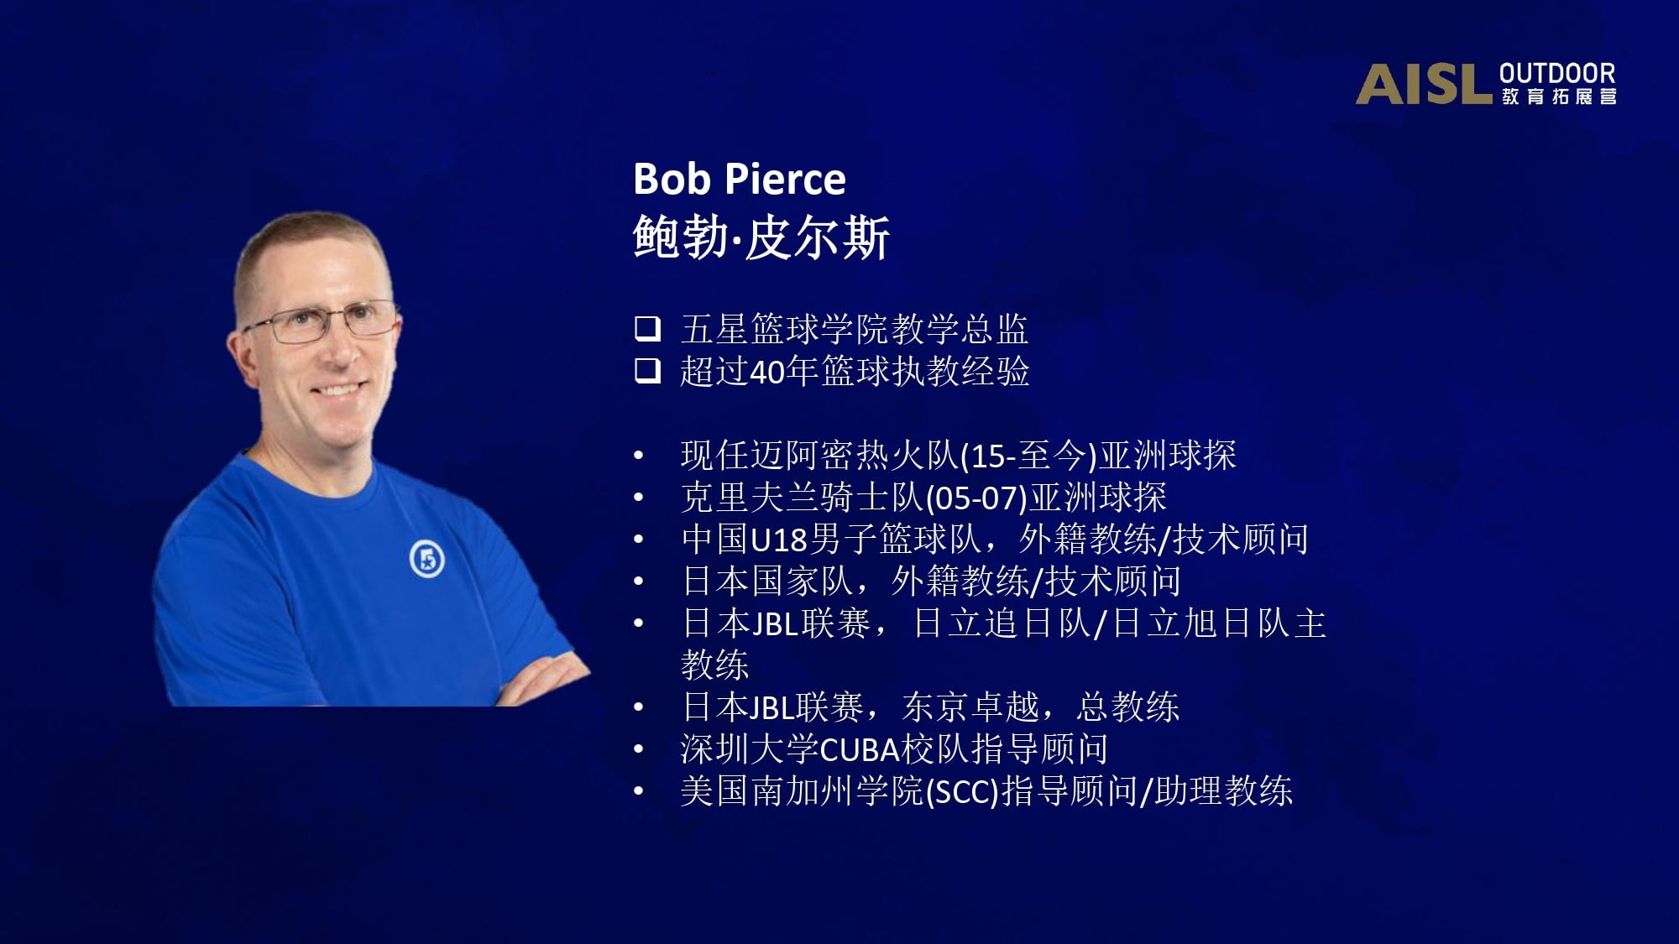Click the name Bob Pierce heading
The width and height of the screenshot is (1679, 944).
[x=739, y=179]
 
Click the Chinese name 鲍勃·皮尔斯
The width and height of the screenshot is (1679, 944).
[x=761, y=237]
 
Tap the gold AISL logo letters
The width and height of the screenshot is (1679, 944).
[x=1424, y=85]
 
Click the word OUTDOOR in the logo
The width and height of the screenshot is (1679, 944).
[x=1557, y=74]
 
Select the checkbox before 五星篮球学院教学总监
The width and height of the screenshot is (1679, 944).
[x=647, y=328]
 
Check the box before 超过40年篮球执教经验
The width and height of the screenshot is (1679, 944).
[x=647, y=370]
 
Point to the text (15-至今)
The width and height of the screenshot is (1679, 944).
[x=1028, y=456]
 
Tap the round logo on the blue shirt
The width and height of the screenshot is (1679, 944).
[x=426, y=559]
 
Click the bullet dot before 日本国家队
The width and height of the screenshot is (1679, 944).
[x=639, y=582]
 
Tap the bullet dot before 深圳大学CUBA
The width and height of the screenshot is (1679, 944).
[x=639, y=749]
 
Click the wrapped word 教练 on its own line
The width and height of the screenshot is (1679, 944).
[x=714, y=665]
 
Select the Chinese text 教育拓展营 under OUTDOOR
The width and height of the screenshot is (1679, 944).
[x=1559, y=96]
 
